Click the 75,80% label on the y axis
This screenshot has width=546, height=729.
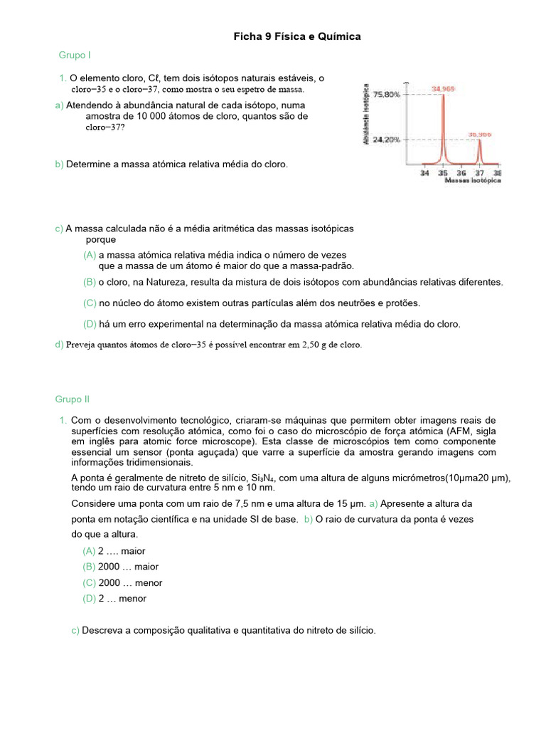387,94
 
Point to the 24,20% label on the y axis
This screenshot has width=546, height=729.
387,140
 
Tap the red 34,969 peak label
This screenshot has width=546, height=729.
444,89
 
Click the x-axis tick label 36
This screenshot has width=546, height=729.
461,172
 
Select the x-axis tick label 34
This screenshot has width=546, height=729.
424,172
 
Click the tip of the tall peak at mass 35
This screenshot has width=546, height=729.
443,95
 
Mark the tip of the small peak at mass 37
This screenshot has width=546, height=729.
479,140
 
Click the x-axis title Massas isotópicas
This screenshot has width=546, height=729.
473,182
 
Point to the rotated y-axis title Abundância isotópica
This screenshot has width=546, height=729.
366,115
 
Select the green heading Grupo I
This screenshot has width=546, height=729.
75,55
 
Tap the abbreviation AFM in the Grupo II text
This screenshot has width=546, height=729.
454,431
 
